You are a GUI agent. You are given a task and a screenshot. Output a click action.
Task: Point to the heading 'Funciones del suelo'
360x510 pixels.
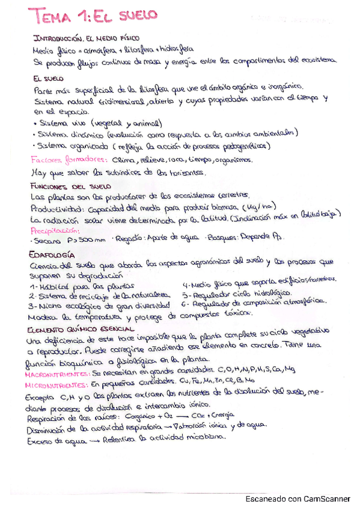pos(66,187)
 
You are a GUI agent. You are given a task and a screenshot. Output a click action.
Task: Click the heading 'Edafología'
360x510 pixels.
pos(52,254)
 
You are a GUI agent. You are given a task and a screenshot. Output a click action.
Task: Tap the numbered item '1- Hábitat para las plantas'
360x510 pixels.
pos(82,286)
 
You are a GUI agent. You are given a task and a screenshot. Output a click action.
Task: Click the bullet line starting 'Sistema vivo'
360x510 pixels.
pos(84,121)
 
